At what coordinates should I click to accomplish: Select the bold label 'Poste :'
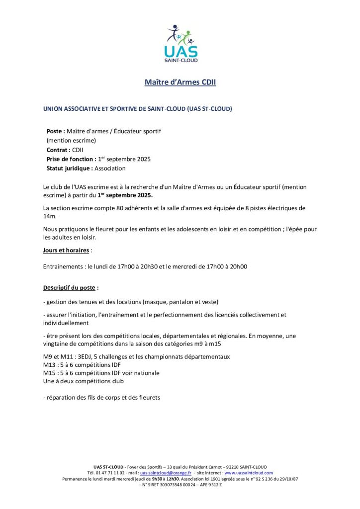click(56, 131)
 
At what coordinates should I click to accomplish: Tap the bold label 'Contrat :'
click(59, 150)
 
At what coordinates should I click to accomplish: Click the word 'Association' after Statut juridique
click(110, 169)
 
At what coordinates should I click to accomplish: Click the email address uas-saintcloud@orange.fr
click(166, 473)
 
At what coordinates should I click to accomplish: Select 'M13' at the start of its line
click(50, 365)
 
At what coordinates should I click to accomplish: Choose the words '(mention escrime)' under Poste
click(71, 141)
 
